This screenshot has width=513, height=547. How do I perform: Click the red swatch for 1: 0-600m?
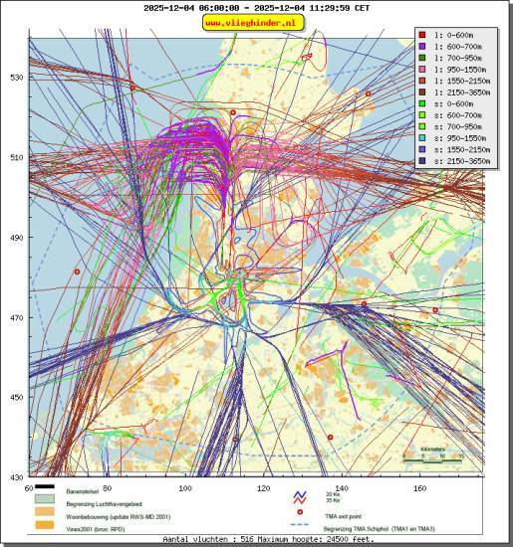pos(422,34)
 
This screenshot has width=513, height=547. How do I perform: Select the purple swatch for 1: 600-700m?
pos(422,46)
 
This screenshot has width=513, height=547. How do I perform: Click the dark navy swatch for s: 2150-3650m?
pos(422,162)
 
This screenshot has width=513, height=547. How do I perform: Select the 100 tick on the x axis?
pos(185,489)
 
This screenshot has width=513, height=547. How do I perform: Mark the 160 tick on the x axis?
pos(419,489)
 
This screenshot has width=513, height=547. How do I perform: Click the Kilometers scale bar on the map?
pos(433,458)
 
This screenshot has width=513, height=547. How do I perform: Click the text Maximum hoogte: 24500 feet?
pos(320,539)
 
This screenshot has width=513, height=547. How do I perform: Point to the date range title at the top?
pos(256,8)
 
